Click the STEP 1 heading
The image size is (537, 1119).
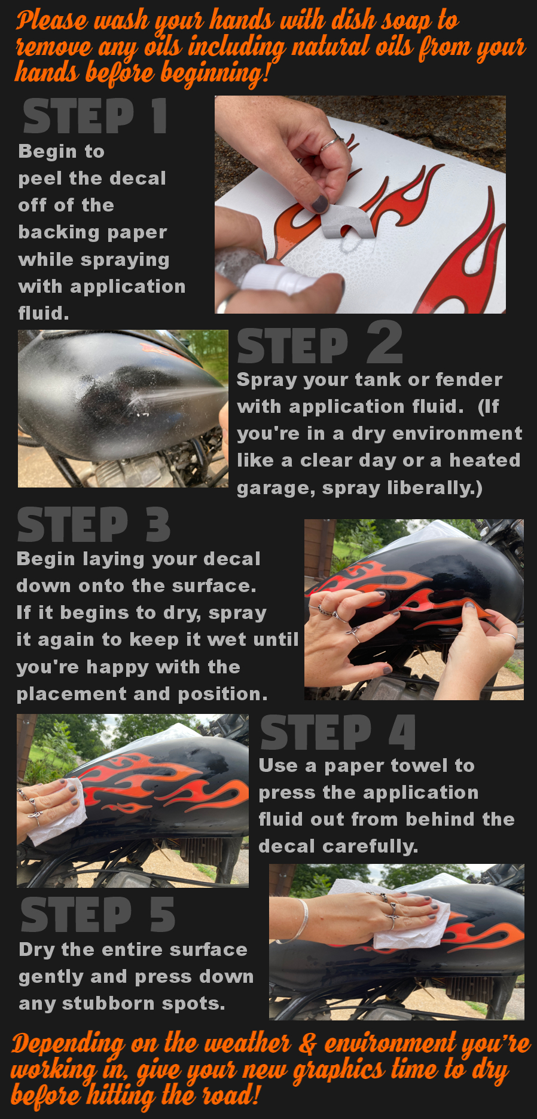pyautogui.click(x=95, y=116)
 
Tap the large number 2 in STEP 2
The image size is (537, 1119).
pyautogui.click(x=385, y=342)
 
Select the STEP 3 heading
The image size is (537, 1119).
pyautogui.click(x=94, y=525)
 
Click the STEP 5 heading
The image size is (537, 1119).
pyautogui.click(x=98, y=915)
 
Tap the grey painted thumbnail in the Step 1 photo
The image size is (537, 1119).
pyautogui.click(x=320, y=204)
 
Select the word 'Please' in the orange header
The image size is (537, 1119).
pyautogui.click(x=52, y=21)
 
